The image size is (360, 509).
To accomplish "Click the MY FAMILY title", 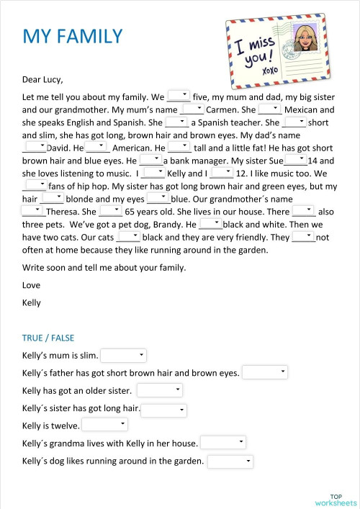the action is click(72, 36).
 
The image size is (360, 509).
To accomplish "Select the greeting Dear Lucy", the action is click(42, 80).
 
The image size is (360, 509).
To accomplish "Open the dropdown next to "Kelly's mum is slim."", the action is click(124, 355).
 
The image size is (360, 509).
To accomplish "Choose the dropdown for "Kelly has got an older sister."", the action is click(161, 390).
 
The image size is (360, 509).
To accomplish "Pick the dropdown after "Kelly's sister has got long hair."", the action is click(163, 409).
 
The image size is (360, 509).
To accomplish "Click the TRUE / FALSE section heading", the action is click(48, 338).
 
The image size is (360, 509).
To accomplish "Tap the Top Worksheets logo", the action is click(336, 500).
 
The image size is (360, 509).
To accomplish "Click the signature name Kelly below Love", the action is click(32, 302).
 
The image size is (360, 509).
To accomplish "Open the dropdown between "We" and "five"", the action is click(179, 95).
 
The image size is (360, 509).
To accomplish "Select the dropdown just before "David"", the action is click(34, 147).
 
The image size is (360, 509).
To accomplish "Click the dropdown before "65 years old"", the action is click(110, 212).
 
